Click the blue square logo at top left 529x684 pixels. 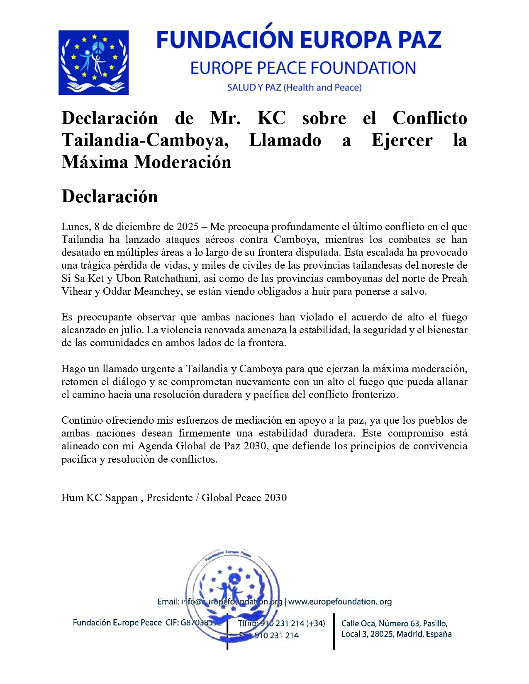click(93, 63)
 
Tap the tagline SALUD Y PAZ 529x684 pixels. click(254, 87)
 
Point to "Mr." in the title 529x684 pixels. click(225, 118)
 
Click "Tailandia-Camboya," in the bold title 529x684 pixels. click(145, 140)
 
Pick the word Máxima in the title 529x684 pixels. click(95, 162)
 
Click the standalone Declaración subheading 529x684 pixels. click(110, 196)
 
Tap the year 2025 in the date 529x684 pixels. click(188, 227)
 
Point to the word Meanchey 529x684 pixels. click(160, 291)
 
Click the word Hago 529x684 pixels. click(73, 369)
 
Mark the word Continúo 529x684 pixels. click(82, 420)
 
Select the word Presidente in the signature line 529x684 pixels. click(169, 498)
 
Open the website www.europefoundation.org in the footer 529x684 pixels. click(340, 602)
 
